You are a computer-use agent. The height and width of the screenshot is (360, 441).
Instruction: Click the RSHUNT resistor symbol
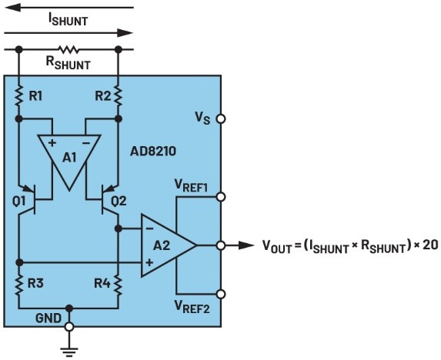tap(69, 50)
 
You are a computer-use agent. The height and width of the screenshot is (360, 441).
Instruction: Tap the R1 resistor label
tap(35, 96)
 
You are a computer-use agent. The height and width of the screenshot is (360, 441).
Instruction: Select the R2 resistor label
tap(102, 96)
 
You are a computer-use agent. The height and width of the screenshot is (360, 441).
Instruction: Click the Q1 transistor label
tap(18, 202)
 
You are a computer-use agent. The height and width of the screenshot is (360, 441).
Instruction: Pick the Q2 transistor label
tap(119, 202)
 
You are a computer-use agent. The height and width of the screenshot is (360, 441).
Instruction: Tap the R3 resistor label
tap(35, 283)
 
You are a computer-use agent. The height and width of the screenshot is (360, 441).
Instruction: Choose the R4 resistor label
tap(102, 283)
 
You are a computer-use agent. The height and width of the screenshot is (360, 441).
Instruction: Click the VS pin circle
tap(221, 119)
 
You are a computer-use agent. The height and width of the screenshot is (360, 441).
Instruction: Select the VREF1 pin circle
tap(221, 197)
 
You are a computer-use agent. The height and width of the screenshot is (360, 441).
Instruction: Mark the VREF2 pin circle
tap(221, 295)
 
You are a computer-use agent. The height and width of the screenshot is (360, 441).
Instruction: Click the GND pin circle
tap(69, 327)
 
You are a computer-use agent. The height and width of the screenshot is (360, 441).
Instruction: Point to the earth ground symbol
tap(69, 352)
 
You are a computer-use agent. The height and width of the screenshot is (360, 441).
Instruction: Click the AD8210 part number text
tap(153, 152)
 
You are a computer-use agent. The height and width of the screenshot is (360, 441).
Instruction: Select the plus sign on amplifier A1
tap(52, 143)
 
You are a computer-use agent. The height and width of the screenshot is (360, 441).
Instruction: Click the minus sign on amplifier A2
tap(149, 228)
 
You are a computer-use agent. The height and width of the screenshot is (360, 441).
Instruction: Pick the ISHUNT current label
tap(68, 20)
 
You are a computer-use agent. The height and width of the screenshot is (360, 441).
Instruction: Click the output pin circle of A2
tap(221, 245)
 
